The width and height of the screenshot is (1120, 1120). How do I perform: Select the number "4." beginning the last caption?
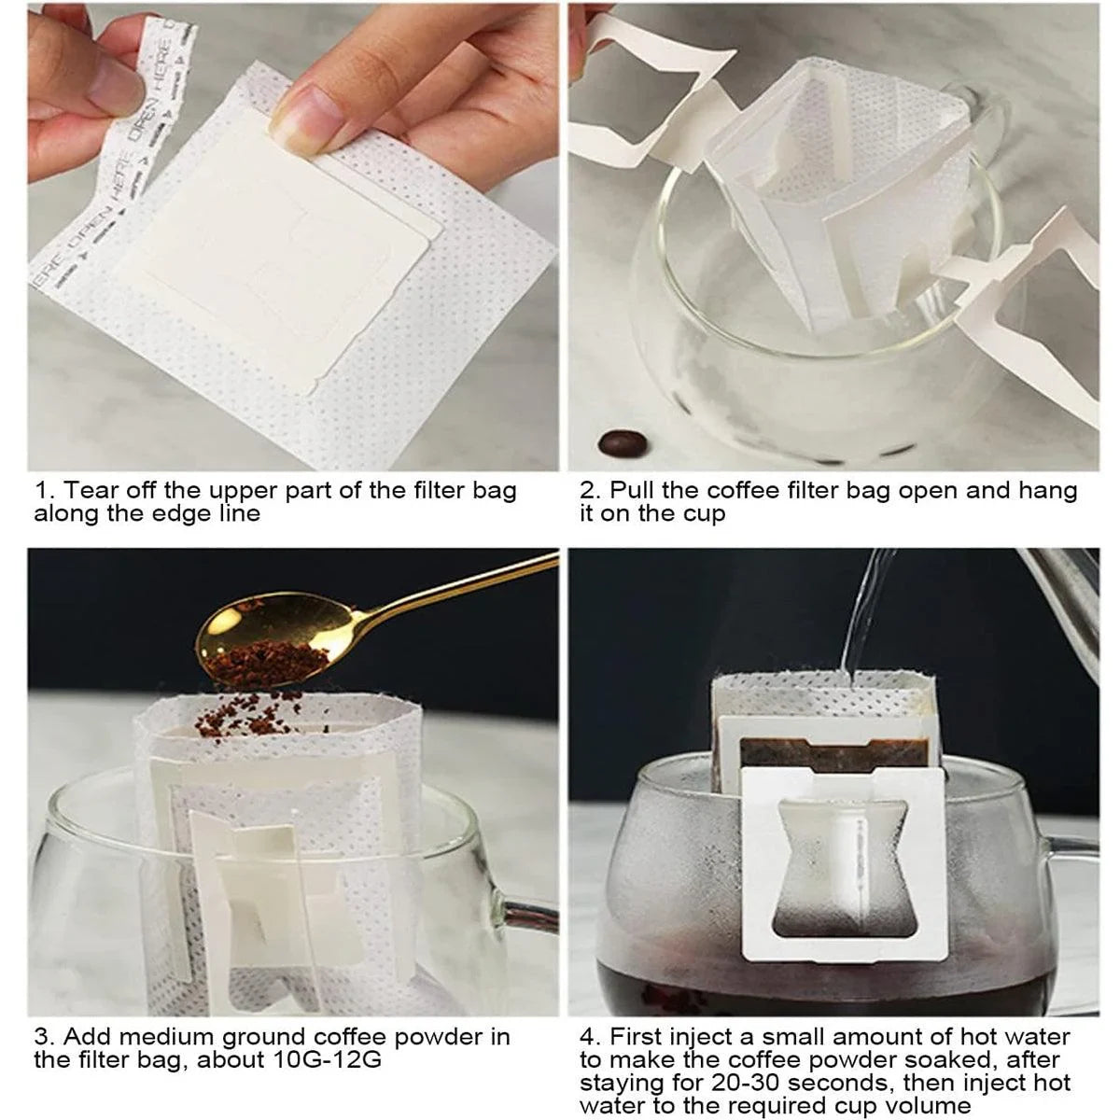590,1036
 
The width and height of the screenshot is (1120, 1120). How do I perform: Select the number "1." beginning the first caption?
44,491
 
